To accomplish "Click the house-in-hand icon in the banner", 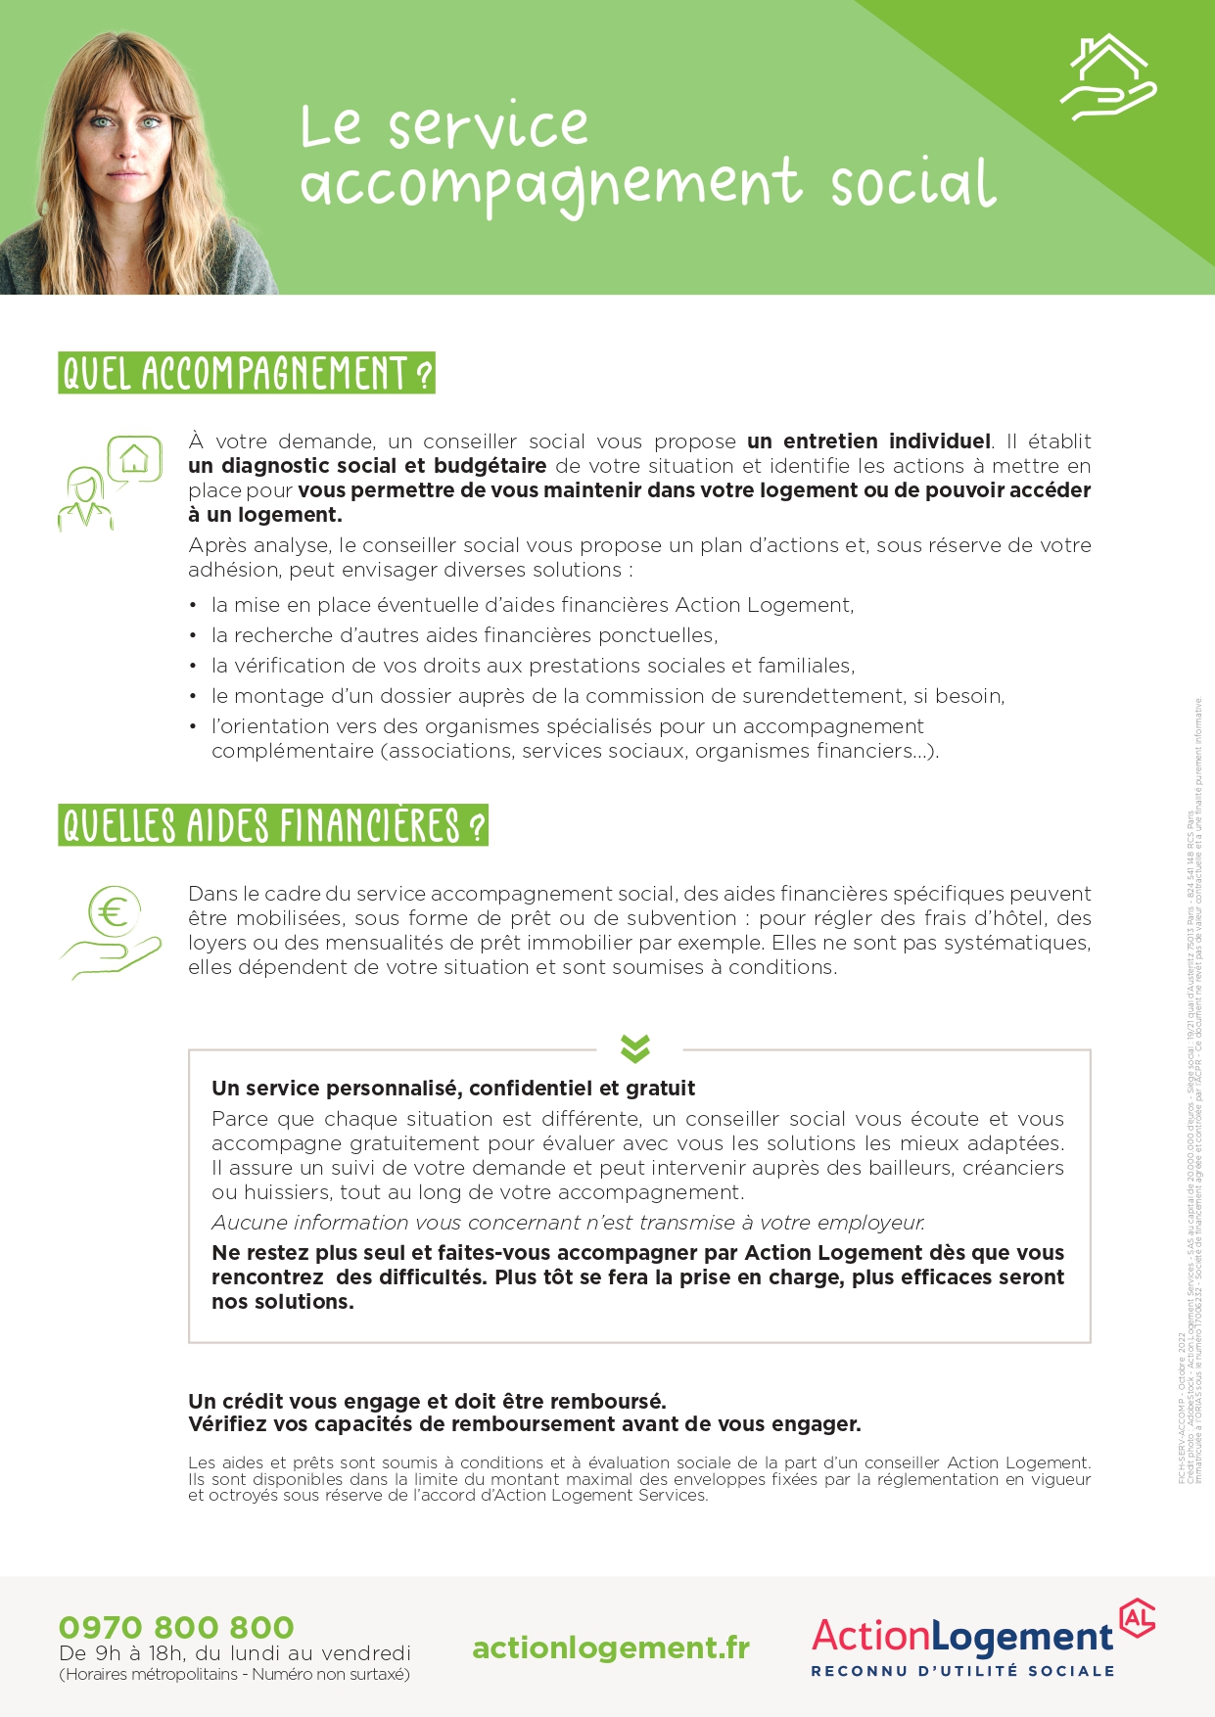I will coord(1108,77).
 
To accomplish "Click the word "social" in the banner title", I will coord(912,184).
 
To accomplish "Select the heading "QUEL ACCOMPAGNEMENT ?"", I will coord(247,374).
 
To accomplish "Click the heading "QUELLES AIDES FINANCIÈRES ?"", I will coord(273,825).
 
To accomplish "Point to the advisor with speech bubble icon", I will coord(109,483).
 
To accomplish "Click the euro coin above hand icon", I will coord(112,931).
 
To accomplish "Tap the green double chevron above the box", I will coord(635,1048).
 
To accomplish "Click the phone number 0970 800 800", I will coord(176,1627).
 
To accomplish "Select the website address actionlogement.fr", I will coord(611,1647).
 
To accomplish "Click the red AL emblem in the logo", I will coord(1137,1618).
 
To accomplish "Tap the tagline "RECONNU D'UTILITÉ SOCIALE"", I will coord(962,1671).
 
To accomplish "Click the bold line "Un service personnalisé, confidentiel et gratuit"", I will coord(453,1089).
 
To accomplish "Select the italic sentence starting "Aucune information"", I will coord(568,1223).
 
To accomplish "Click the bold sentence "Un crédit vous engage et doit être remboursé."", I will coord(427,1401).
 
